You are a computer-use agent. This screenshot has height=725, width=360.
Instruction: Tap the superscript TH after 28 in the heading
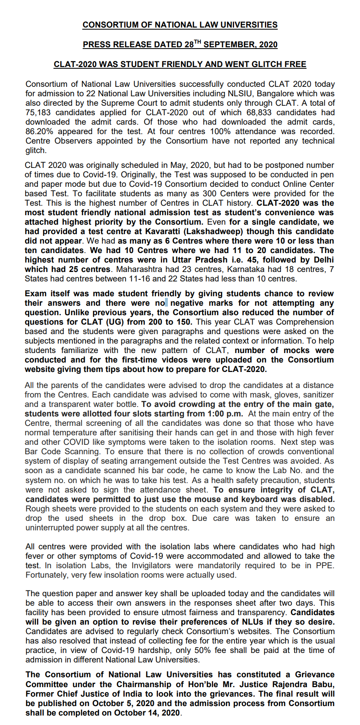[197, 42]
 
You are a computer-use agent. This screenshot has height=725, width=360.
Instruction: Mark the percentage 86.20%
[39, 132]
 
